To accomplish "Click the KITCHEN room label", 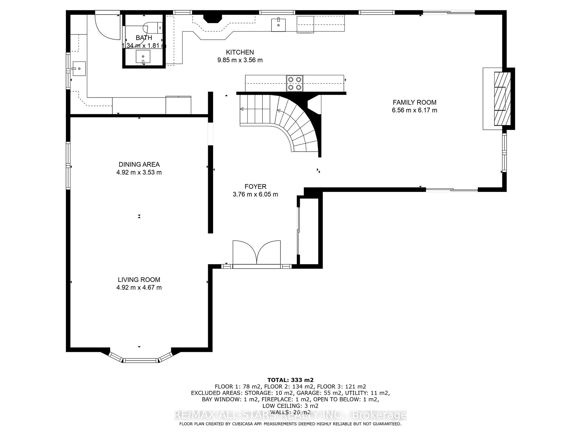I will point(240,52).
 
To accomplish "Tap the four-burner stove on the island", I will point(295,83).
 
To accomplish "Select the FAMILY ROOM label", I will point(414,102).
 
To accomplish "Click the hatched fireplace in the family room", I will point(502,99).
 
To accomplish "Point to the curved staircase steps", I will point(300,127).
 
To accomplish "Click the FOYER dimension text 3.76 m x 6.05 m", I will point(255,194).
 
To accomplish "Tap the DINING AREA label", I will point(139,164).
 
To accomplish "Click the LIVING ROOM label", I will point(139,280).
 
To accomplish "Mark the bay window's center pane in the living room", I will point(141,360).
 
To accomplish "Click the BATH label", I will point(144,38).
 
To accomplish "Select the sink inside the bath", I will point(143,57).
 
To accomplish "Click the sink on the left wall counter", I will point(79,69).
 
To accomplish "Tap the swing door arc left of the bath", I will point(106,27).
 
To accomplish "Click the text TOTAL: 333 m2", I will point(290,380).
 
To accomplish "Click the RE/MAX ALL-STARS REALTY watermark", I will point(290,415).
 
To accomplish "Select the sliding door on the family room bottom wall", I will point(452,190).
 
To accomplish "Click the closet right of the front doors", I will point(309,232).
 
